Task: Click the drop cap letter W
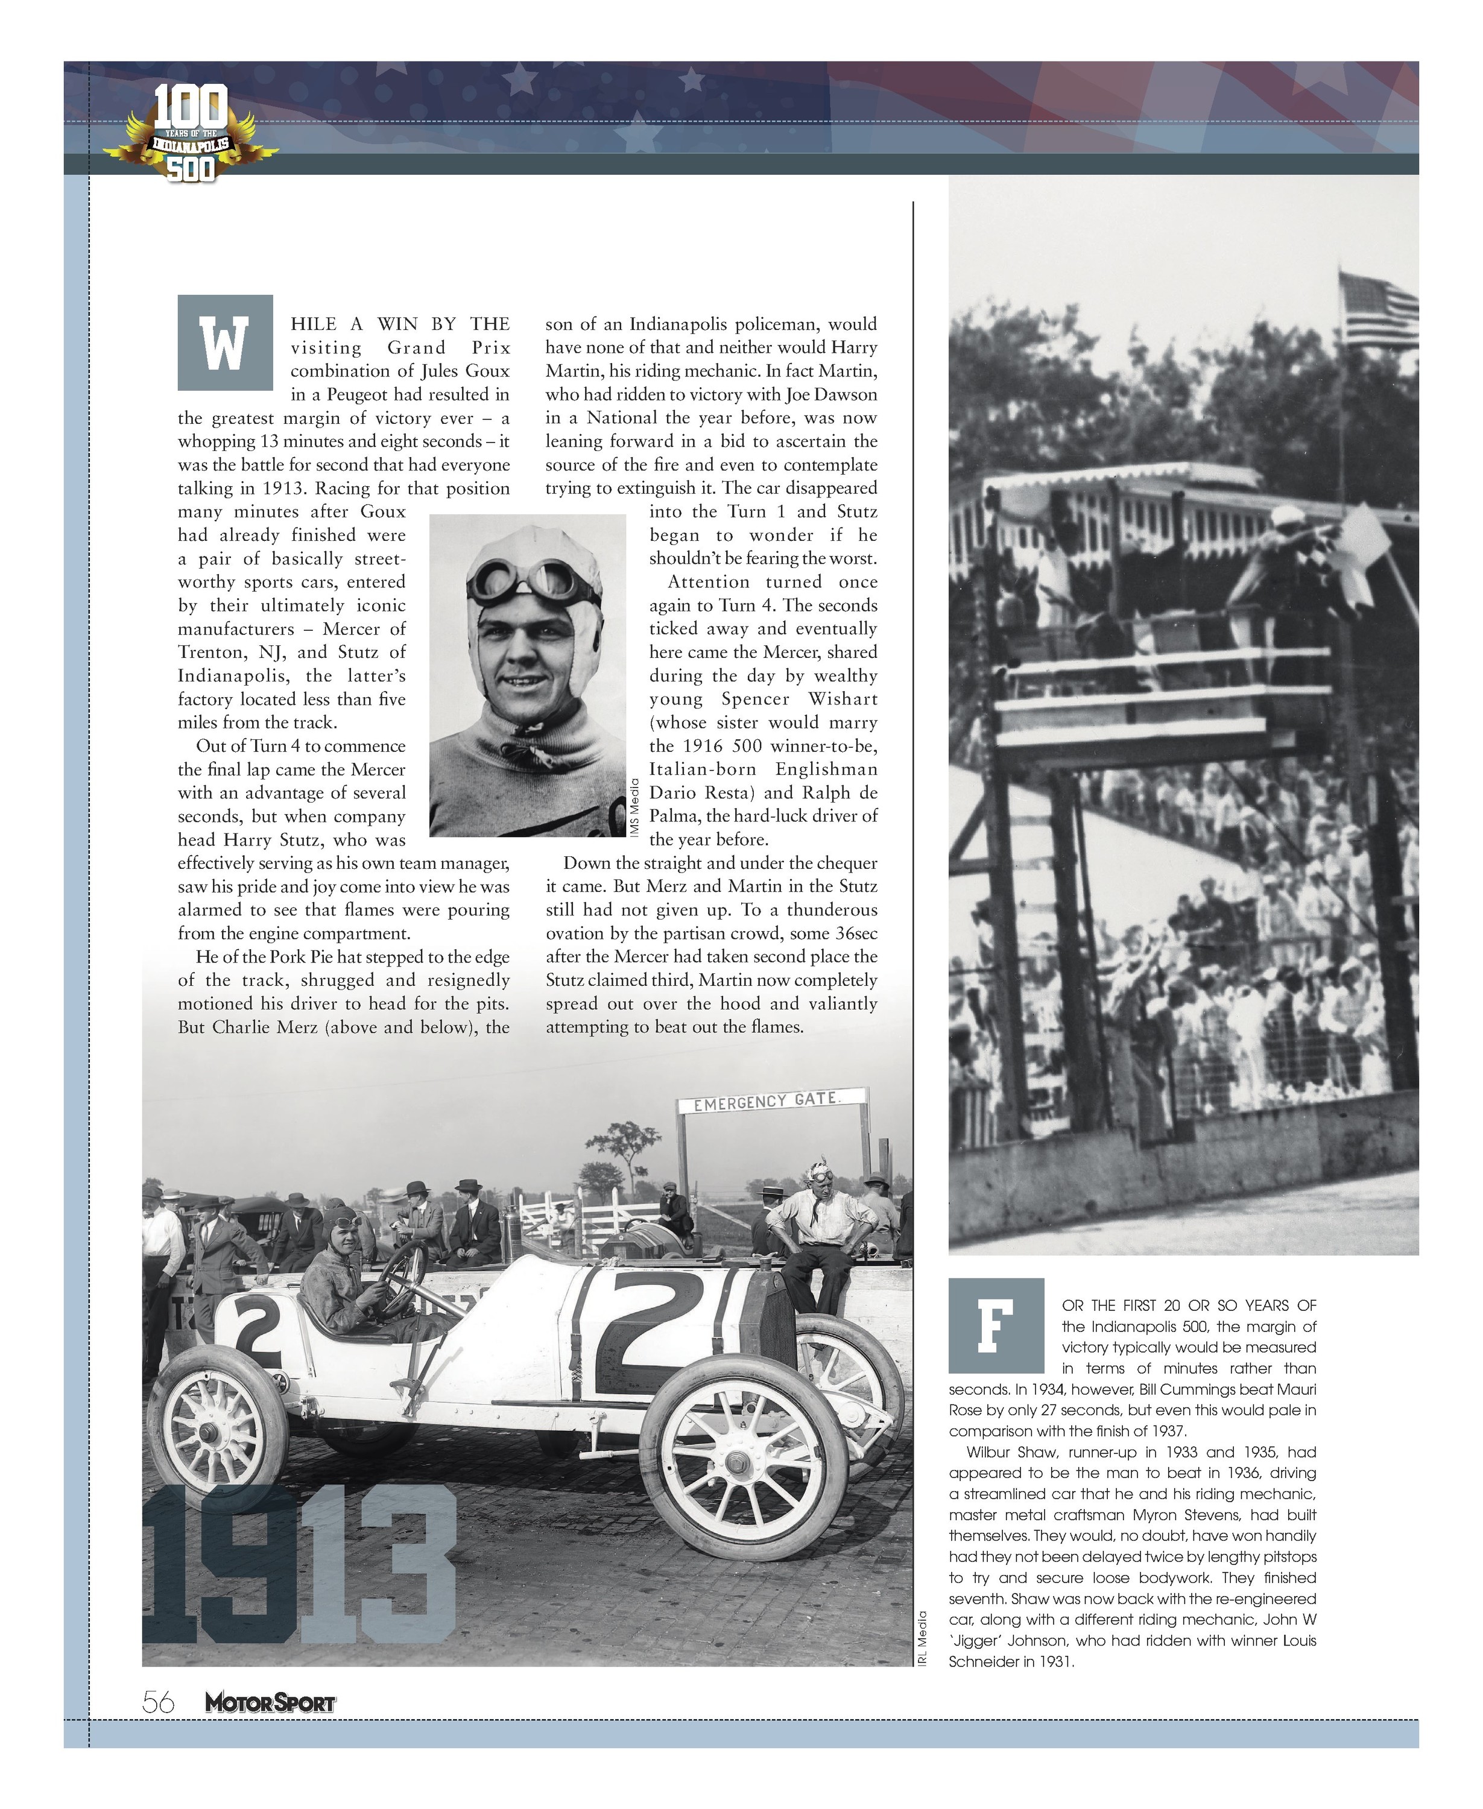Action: tap(225, 343)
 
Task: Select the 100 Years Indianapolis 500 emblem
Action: tap(191, 134)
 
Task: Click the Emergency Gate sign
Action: tap(771, 1101)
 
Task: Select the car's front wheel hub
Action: tap(736, 1463)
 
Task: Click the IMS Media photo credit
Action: tap(634, 807)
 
